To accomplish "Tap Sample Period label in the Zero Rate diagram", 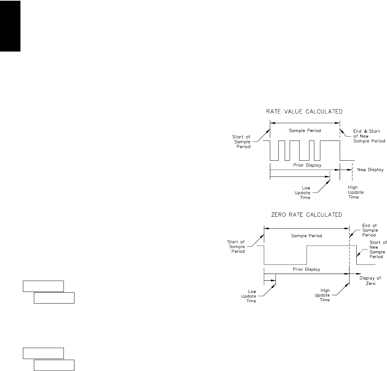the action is point(307,235).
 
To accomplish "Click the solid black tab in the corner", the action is point(10,26).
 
